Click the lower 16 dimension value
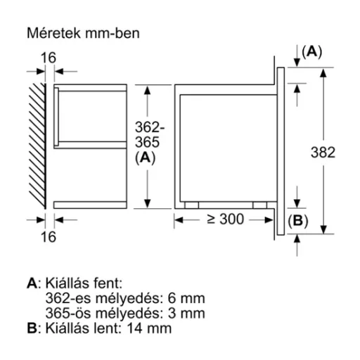46,237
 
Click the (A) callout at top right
311,52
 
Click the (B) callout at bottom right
298,221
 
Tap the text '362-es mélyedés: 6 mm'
106,298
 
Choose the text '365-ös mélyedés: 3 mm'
106,313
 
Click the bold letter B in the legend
32,328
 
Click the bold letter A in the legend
32,283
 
